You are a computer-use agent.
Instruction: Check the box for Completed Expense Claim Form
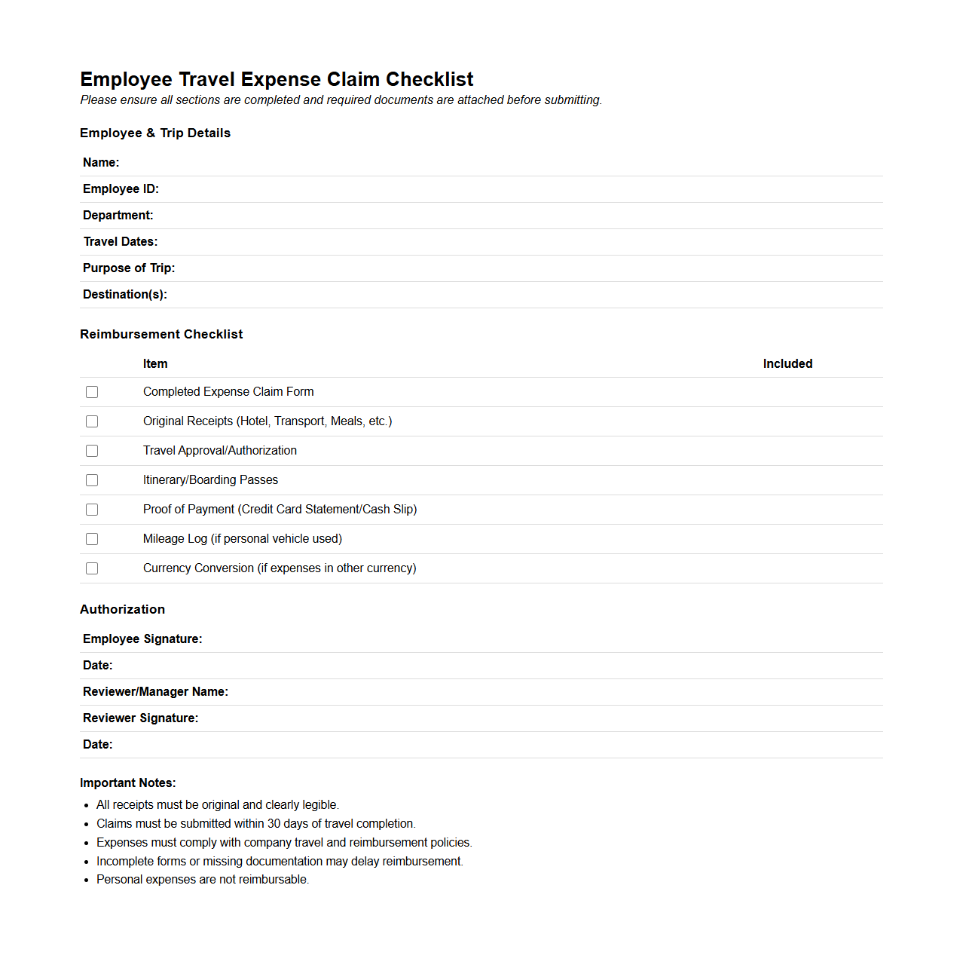[92, 392]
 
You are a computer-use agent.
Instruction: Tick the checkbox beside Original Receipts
[92, 421]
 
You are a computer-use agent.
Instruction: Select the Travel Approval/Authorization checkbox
[92, 451]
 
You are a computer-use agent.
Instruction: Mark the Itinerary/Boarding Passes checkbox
[92, 480]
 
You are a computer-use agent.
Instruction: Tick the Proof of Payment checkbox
[92, 510]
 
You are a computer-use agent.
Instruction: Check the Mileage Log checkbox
[92, 539]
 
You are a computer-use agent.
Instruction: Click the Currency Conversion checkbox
[92, 568]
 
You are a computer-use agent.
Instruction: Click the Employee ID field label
[121, 189]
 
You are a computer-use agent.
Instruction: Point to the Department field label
[118, 216]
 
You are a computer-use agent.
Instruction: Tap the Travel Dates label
[121, 242]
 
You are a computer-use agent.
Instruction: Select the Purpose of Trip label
[129, 268]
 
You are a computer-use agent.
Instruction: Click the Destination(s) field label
[125, 295]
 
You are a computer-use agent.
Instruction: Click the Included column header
[787, 364]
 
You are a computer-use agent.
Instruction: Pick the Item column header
[155, 364]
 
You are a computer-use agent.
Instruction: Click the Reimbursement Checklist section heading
[161, 335]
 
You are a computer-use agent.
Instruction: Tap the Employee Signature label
[142, 639]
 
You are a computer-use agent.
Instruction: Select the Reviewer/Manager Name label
[155, 692]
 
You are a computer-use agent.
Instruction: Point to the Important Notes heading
[128, 783]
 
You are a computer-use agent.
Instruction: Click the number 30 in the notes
[274, 824]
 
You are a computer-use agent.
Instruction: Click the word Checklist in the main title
[430, 80]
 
